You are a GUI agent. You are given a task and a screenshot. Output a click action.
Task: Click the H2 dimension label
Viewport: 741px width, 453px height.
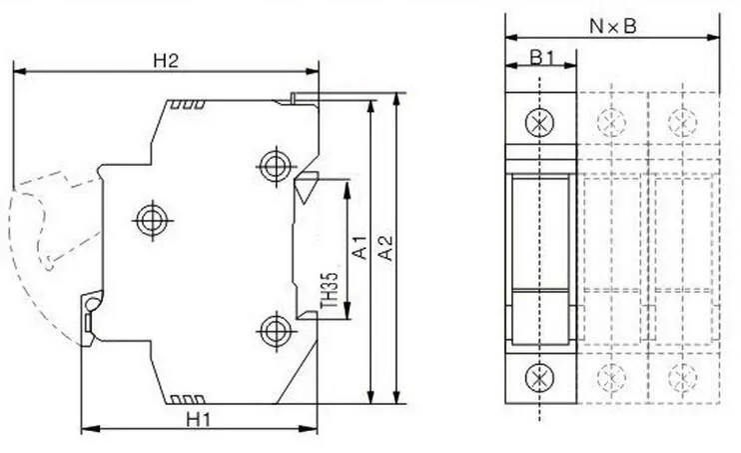[x=165, y=60]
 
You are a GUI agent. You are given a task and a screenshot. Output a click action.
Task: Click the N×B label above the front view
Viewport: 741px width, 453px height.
[x=612, y=27]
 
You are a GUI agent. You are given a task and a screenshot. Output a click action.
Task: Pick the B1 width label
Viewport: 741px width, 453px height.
[x=541, y=58]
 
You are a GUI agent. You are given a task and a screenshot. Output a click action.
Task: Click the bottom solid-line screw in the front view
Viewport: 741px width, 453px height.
[x=540, y=377]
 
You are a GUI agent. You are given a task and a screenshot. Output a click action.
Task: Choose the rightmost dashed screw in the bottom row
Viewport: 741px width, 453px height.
[x=683, y=377]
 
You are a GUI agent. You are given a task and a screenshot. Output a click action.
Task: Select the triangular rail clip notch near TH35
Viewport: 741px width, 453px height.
[x=305, y=185]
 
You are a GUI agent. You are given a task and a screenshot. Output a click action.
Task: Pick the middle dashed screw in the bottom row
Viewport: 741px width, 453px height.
[x=611, y=377]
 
